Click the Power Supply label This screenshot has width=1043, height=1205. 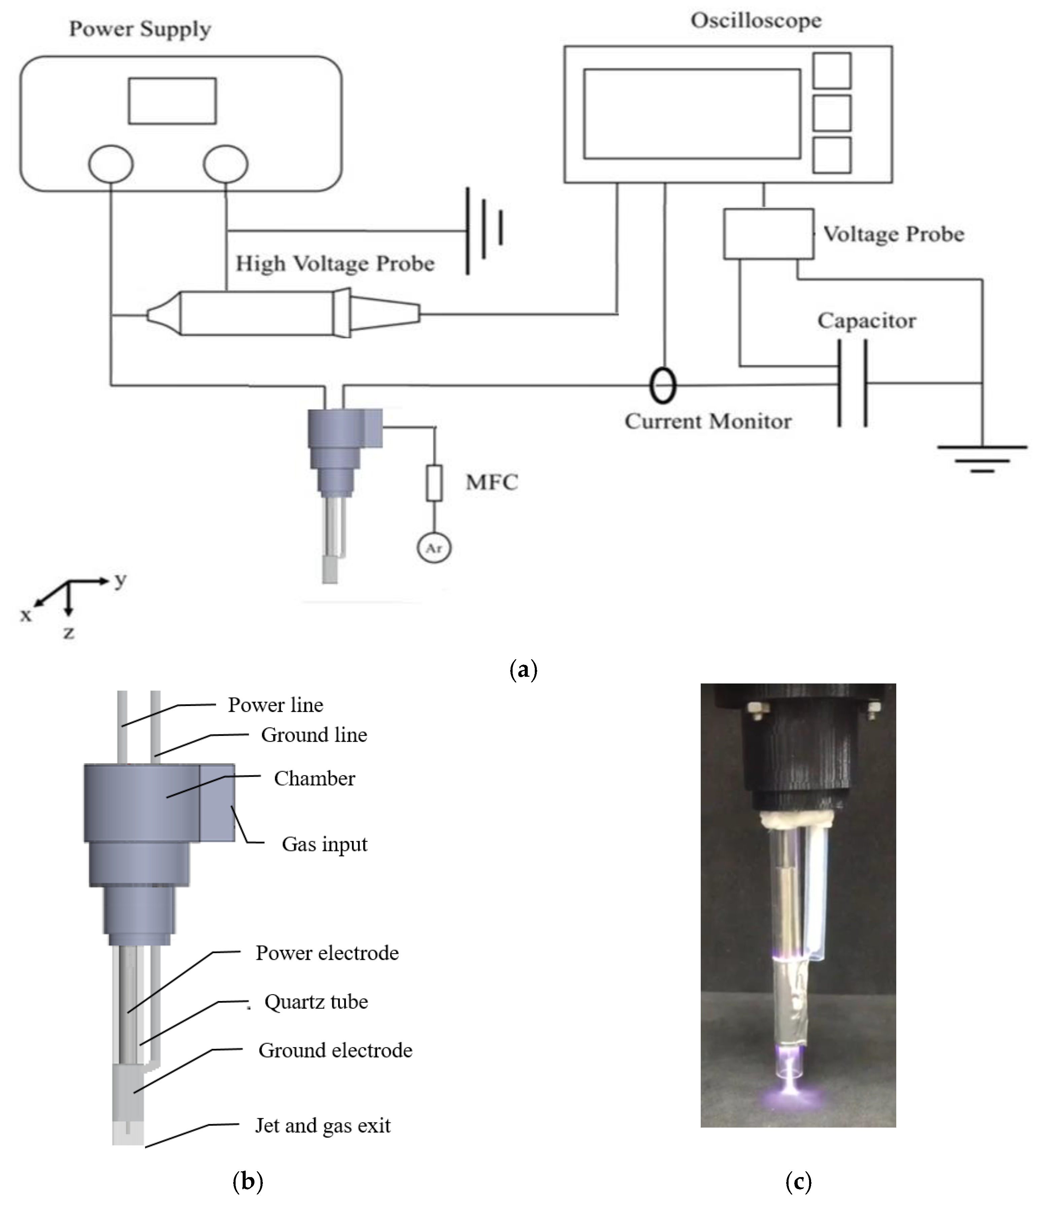tap(140, 29)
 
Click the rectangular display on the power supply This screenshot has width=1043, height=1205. tap(172, 101)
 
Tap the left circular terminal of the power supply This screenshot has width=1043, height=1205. tap(111, 164)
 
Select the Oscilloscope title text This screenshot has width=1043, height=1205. tap(756, 21)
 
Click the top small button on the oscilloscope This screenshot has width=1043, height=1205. tap(832, 70)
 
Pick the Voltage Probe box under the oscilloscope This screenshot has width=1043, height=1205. tap(768, 234)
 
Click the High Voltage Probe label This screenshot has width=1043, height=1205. tap(335, 264)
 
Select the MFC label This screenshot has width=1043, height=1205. tap(491, 482)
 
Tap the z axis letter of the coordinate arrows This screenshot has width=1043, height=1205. tap(69, 633)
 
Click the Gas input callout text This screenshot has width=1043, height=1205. tap(324, 844)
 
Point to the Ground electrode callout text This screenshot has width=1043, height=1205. tap(335, 1050)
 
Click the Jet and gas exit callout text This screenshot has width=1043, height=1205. tap(323, 1125)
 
